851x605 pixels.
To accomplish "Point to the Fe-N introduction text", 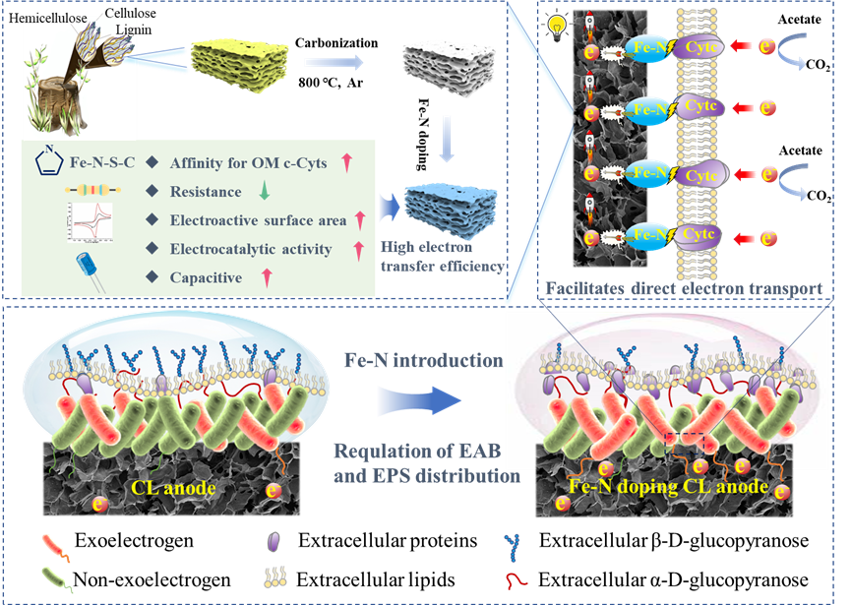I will point(420,360).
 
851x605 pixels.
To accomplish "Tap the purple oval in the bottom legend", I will point(274,542).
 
